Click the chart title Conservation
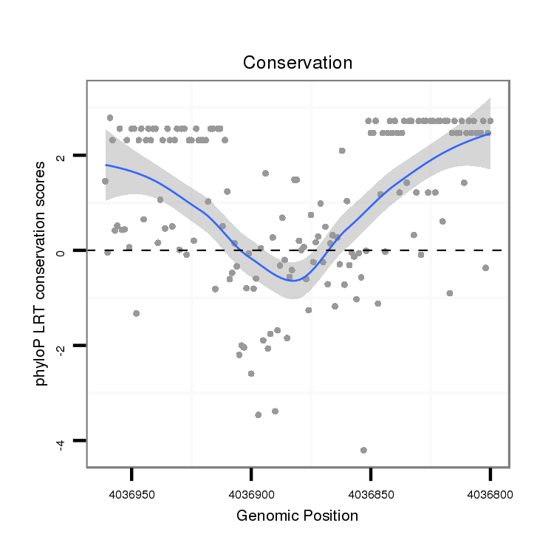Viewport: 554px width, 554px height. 298,63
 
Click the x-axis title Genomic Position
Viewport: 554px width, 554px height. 298,516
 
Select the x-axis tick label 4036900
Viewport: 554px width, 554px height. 251,492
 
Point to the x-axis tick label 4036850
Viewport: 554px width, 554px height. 371,492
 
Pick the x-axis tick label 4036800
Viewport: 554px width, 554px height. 490,492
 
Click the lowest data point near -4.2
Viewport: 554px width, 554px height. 363,450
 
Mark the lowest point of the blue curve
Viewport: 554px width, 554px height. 293,281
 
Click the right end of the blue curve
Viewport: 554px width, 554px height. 490,134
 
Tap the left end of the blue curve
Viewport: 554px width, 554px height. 106,165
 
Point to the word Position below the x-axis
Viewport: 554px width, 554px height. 327,516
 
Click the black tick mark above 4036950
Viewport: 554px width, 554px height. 131,473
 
